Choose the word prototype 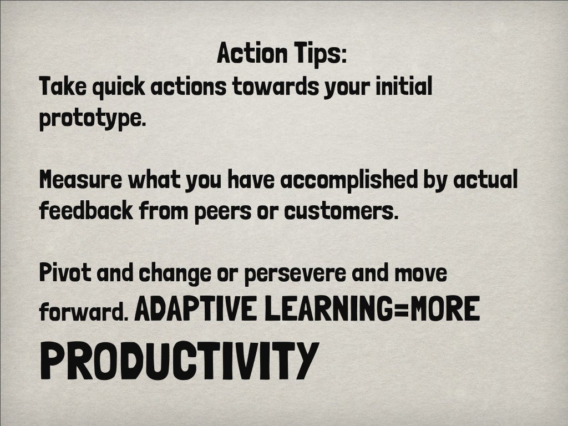(92, 120)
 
